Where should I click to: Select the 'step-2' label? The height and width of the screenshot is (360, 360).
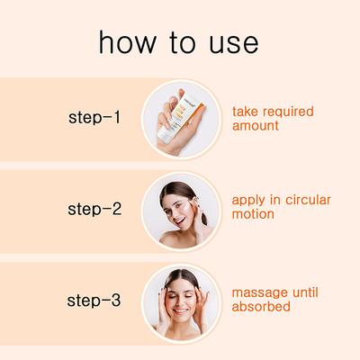tap(94, 210)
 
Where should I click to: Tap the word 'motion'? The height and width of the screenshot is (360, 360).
tap(255, 216)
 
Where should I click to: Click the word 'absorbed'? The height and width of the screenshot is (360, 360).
tap(261, 308)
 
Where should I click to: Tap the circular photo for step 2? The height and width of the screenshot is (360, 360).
tap(180, 210)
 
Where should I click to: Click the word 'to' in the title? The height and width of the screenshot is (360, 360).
tap(178, 42)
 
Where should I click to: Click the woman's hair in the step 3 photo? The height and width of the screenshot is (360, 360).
tap(180, 273)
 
